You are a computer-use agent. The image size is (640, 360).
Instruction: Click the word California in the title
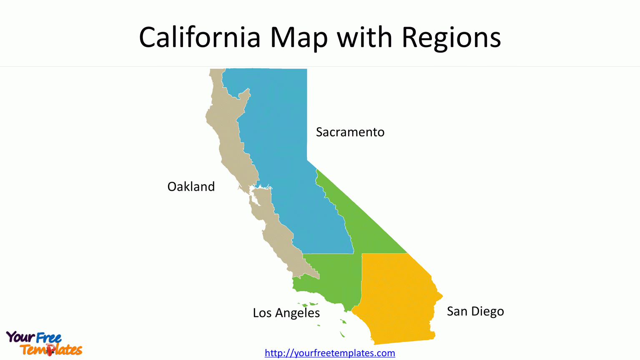200,38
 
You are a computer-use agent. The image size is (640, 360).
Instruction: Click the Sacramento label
350,132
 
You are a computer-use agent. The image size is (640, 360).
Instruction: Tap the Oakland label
191,186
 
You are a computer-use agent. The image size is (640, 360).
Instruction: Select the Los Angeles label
286,313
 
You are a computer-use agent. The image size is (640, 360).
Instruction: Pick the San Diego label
475,311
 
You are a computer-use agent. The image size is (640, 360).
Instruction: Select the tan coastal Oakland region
227,142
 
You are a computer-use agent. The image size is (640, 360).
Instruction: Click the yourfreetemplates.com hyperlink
330,353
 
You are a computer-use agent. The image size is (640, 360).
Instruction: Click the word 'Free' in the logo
49,337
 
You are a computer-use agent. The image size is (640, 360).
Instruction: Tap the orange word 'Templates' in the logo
51,350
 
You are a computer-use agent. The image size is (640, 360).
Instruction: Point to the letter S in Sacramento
319,132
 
